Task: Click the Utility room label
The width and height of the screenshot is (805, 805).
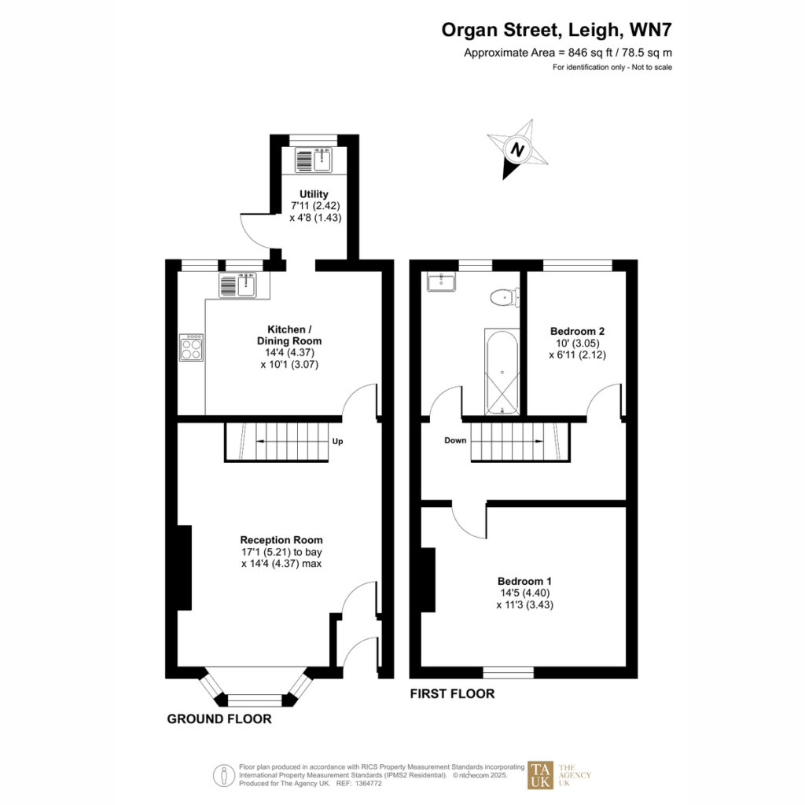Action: [x=314, y=194]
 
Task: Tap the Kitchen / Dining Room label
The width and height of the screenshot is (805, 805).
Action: [x=289, y=335]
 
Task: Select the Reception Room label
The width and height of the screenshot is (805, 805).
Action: [x=281, y=540]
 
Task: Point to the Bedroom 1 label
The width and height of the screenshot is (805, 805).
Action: [x=524, y=581]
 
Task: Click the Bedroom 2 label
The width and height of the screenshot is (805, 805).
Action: [x=577, y=331]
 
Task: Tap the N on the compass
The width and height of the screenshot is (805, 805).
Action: [x=517, y=150]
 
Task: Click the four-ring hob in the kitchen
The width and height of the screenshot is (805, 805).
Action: [x=192, y=347]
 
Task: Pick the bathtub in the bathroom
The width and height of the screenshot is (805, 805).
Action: [x=502, y=372]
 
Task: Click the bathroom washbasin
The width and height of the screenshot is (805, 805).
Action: [x=440, y=281]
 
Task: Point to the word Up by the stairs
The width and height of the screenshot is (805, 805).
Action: [x=337, y=441]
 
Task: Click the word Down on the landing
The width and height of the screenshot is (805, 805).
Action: [x=455, y=440]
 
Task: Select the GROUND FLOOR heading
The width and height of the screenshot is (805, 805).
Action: [x=219, y=719]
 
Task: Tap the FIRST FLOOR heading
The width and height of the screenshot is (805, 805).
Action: [x=452, y=693]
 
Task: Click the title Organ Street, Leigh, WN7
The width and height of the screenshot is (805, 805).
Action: [x=557, y=30]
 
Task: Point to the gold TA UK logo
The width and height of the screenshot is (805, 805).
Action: [x=541, y=774]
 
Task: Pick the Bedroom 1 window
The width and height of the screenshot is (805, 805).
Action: [x=509, y=673]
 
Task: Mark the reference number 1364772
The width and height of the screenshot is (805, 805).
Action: [x=366, y=784]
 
